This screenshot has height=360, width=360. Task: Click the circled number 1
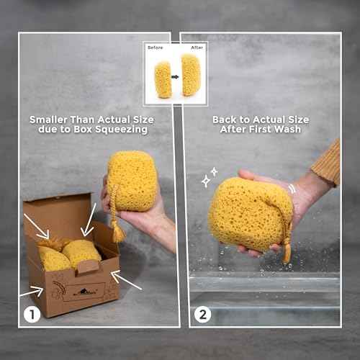[x=30, y=314]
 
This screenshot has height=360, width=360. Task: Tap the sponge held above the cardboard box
[x=132, y=180]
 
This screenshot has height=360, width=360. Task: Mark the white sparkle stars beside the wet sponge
[x=210, y=176]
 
